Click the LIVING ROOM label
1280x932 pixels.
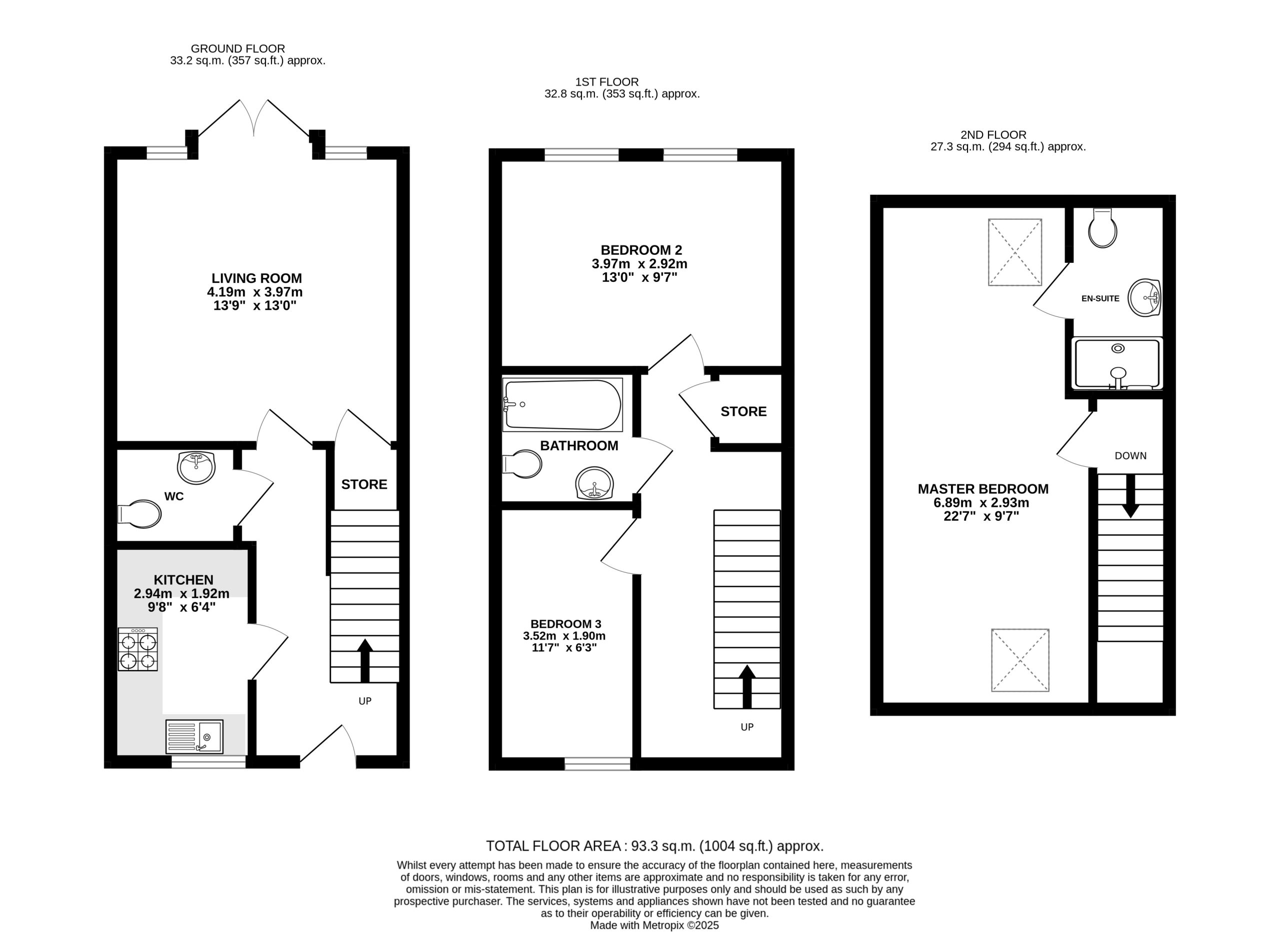pos(257,278)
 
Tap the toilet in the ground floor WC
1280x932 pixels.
pos(139,514)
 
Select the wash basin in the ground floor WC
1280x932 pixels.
pos(196,468)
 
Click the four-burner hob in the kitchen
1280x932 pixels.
pos(137,649)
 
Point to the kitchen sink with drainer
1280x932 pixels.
pos(194,737)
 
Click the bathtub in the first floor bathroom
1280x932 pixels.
pos(562,404)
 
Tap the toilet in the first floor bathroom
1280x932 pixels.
pos(522,464)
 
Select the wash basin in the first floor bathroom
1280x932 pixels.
pos(595,483)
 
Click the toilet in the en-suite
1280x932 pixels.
pos(1102,228)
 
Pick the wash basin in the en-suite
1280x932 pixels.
pos(1144,297)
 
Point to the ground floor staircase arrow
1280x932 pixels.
pos(365,661)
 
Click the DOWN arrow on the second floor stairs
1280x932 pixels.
pos(1130,496)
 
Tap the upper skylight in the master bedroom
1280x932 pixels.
pos(1014,252)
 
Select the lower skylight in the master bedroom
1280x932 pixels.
pos(1020,660)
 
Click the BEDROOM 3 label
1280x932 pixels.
pos(565,624)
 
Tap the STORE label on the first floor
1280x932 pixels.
pos(743,411)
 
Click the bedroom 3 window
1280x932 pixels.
pos(597,764)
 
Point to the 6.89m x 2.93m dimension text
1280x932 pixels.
pos(981,503)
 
